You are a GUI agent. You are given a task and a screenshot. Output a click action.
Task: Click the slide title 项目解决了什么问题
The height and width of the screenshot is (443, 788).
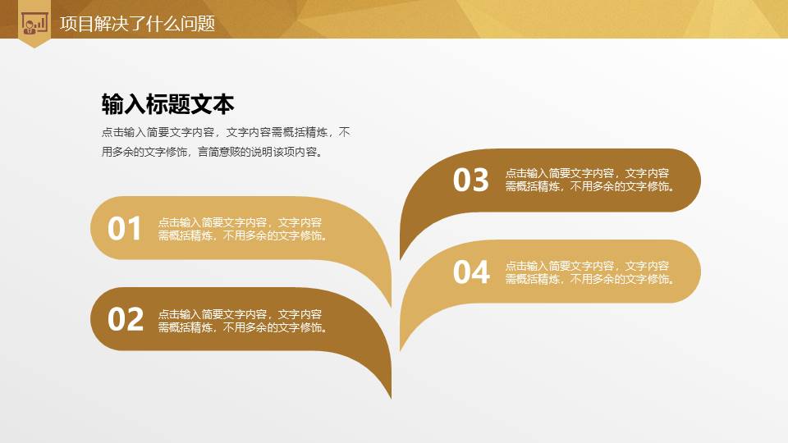point(137,24)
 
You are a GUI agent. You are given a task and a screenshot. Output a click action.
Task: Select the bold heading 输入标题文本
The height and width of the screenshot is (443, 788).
point(167,104)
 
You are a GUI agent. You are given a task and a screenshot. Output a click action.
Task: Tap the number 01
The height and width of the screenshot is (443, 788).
point(126,229)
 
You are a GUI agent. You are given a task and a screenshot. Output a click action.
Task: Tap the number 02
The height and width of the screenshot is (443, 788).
point(126,319)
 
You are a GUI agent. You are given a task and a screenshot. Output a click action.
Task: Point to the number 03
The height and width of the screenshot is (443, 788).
point(471,180)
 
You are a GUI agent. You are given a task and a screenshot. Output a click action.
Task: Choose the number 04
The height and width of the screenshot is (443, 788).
point(471,272)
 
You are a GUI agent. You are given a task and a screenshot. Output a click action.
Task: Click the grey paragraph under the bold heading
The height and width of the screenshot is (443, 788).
point(225,142)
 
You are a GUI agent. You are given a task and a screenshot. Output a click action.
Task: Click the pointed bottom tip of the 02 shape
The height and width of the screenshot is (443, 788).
point(391,396)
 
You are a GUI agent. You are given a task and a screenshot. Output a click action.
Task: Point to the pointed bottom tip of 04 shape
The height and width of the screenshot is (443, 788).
point(401,349)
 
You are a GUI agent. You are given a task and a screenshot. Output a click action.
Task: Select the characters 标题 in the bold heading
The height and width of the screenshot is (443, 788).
point(167,104)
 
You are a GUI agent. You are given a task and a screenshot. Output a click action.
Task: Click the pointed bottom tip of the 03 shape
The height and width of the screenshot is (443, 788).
point(401,257)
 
